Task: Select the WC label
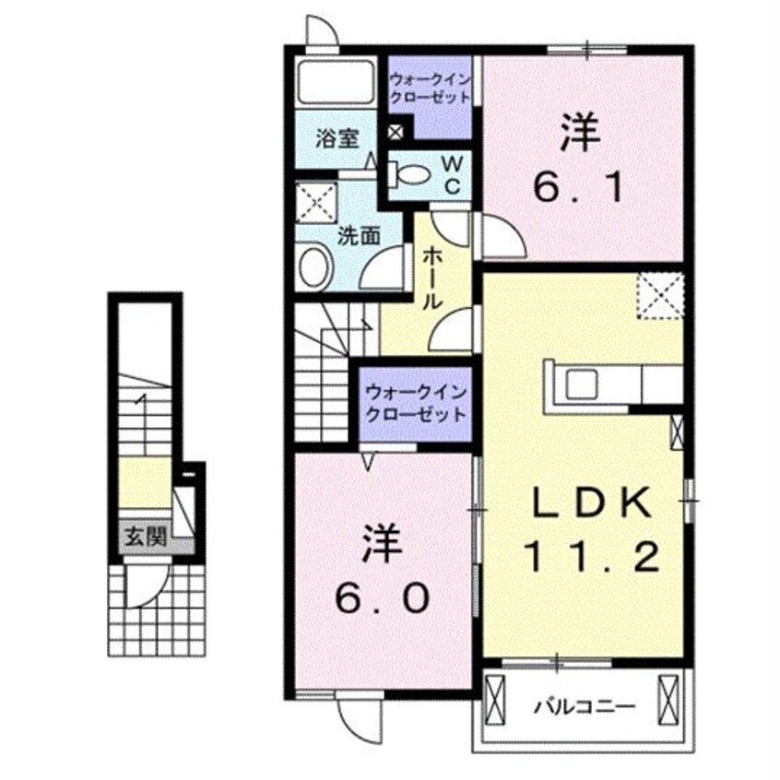(453, 172)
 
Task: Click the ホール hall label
(431, 278)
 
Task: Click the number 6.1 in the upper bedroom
(582, 188)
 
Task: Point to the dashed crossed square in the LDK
(660, 295)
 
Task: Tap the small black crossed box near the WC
(396, 132)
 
